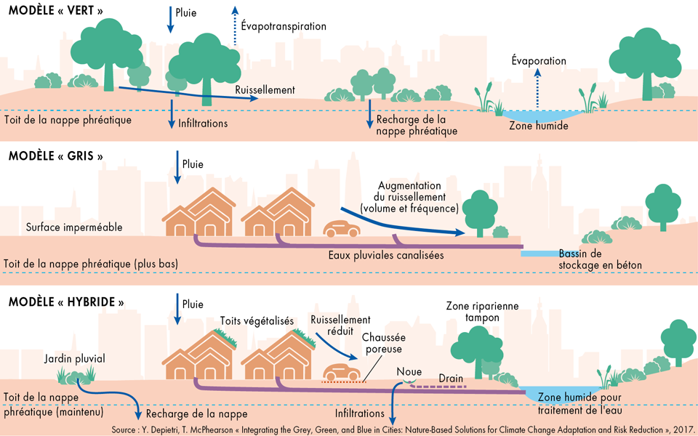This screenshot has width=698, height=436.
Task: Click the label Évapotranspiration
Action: click(x=283, y=26)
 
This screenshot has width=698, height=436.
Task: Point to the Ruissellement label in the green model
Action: click(x=265, y=90)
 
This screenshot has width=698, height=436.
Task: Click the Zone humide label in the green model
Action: click(x=538, y=126)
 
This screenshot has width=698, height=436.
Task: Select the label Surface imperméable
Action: click(x=74, y=227)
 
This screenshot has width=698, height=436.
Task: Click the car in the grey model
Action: click(x=342, y=229)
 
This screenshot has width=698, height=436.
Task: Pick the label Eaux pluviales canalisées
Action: click(x=385, y=256)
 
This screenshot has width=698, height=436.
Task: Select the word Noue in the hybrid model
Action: click(x=409, y=371)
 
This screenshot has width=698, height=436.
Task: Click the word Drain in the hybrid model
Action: click(x=452, y=379)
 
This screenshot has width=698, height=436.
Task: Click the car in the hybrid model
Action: click(x=341, y=372)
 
